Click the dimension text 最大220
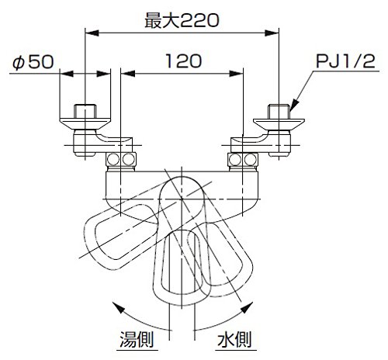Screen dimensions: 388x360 tap(182, 21)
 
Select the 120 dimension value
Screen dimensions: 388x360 tap(183, 61)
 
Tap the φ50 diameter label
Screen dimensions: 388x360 tap(33, 62)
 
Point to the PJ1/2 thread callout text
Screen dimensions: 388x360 tap(345, 61)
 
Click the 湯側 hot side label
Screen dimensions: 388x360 tap(137, 339)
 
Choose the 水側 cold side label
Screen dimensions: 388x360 tap(234, 339)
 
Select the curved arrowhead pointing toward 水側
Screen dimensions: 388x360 tap(248, 307)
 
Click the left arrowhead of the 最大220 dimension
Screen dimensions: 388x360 tap(92, 33)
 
